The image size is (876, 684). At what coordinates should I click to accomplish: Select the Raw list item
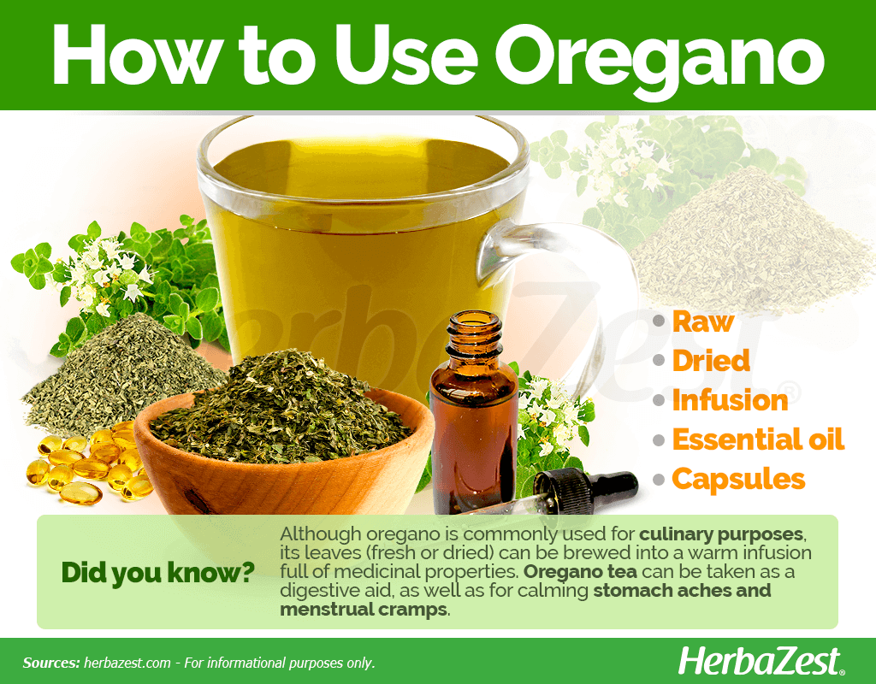pyautogui.click(x=702, y=322)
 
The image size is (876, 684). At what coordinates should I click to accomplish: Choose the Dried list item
pyautogui.click(x=711, y=361)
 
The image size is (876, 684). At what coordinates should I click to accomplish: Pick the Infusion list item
pyautogui.click(x=730, y=400)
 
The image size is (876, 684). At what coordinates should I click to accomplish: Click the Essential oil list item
pyautogui.click(x=758, y=439)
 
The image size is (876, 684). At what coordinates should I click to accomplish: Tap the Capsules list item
pyautogui.click(x=738, y=479)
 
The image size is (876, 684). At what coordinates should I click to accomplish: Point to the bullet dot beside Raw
pyautogui.click(x=660, y=321)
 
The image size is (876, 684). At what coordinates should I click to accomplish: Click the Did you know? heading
pyautogui.click(x=157, y=574)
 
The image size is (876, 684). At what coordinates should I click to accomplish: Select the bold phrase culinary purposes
pyautogui.click(x=720, y=534)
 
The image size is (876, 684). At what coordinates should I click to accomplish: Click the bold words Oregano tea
pyautogui.click(x=580, y=572)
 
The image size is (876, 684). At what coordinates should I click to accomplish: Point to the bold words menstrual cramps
pyautogui.click(x=363, y=609)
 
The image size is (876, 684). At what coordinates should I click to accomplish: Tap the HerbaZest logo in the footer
pyautogui.click(x=761, y=662)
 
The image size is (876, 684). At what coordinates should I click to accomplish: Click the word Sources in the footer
pyautogui.click(x=50, y=663)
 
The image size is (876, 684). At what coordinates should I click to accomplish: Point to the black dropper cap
pyautogui.click(x=585, y=487)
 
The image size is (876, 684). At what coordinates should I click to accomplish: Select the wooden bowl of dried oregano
pyautogui.click(x=284, y=446)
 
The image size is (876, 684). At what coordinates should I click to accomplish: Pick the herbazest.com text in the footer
pyautogui.click(x=127, y=663)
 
